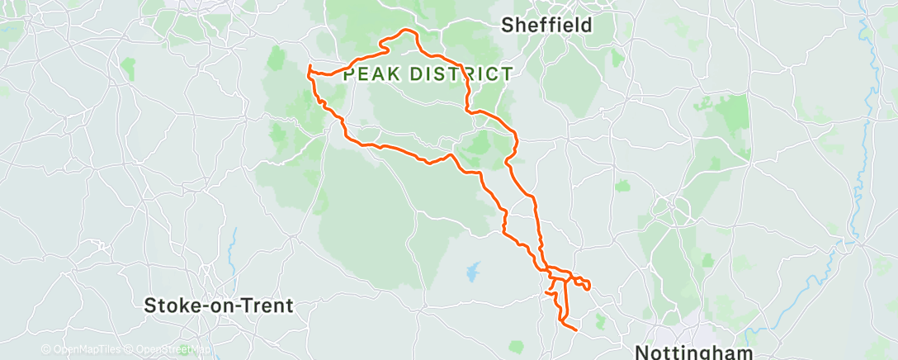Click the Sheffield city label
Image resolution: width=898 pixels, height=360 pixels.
click(547, 26)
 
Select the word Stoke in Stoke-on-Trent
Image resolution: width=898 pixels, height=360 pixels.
click(169, 306)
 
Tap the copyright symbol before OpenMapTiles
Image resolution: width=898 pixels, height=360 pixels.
click(45, 350)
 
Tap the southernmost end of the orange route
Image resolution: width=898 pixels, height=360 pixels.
click(572, 329)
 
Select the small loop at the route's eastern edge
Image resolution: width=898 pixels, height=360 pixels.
click(584, 284)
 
